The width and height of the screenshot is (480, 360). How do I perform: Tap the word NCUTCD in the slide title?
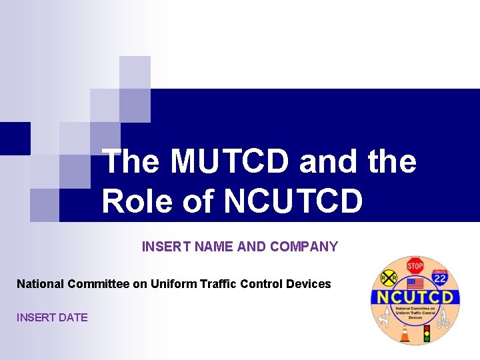pyautogui.click(x=294, y=201)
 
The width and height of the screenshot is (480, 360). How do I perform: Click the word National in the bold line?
pyautogui.click(x=41, y=284)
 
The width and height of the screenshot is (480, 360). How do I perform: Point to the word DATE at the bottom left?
pyautogui.click(x=73, y=317)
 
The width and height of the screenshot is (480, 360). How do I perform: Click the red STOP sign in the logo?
pyautogui.click(x=415, y=265)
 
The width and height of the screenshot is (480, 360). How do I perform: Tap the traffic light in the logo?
pyautogui.click(x=427, y=331)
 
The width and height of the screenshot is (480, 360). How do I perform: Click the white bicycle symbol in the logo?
pyautogui.click(x=443, y=321)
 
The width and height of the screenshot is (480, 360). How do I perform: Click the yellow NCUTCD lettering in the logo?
pyautogui.click(x=414, y=297)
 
